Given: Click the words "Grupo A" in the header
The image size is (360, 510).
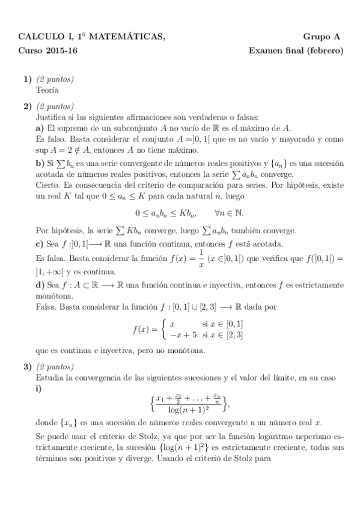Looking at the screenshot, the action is [x=322, y=37].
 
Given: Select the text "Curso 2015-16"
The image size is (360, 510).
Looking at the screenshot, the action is [x=47, y=51].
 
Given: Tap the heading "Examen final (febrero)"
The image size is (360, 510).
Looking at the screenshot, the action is [x=296, y=51].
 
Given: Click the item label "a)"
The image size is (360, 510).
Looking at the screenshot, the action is [x=40, y=127].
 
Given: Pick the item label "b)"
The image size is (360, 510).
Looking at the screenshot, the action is [x=40, y=164].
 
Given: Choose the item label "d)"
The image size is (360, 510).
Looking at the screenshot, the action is [x=40, y=284].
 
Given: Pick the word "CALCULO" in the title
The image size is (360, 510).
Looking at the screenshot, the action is [x=40, y=37].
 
